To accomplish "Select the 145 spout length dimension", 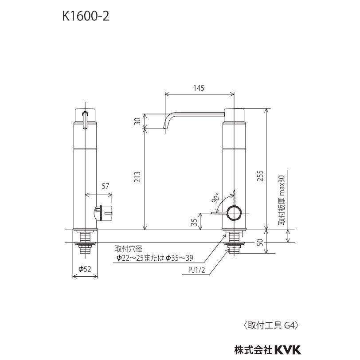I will (x=199, y=88).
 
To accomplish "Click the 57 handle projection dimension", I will (x=105, y=187).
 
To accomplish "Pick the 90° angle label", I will (x=216, y=198).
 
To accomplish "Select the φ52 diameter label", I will (x=84, y=269).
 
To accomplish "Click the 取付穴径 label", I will (x=127, y=249).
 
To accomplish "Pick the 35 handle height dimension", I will (x=194, y=222).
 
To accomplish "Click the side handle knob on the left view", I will (x=106, y=212).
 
